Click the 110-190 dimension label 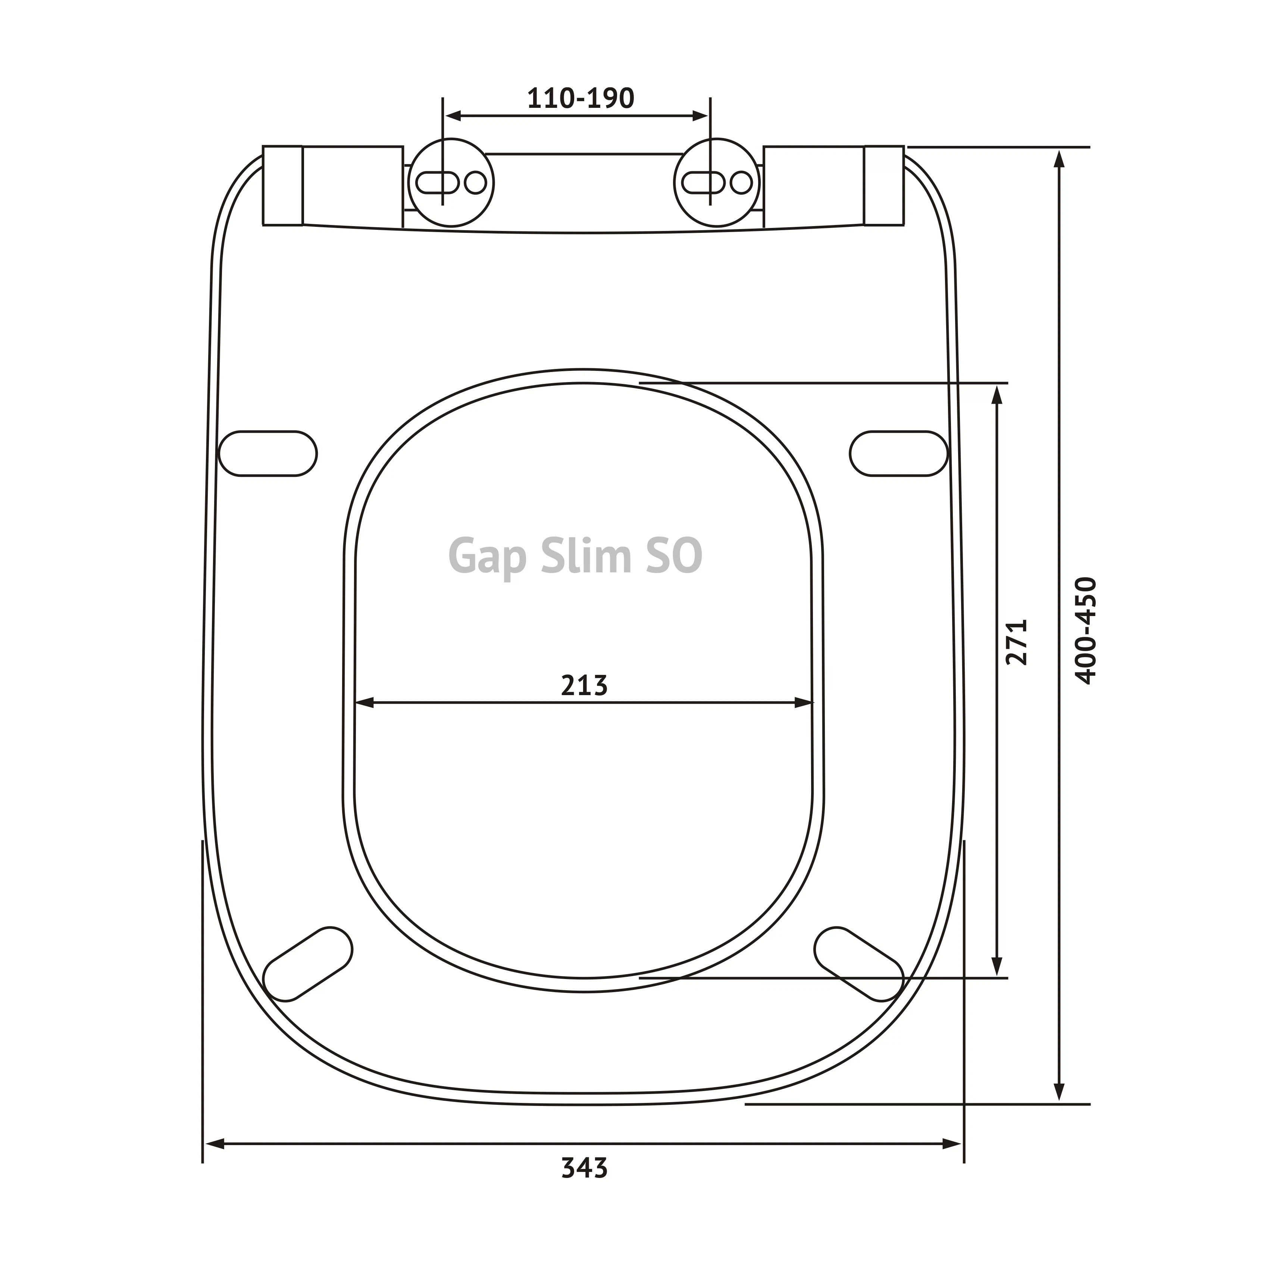581,98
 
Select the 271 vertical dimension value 1017,642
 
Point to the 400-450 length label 1085,630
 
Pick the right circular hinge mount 717,183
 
